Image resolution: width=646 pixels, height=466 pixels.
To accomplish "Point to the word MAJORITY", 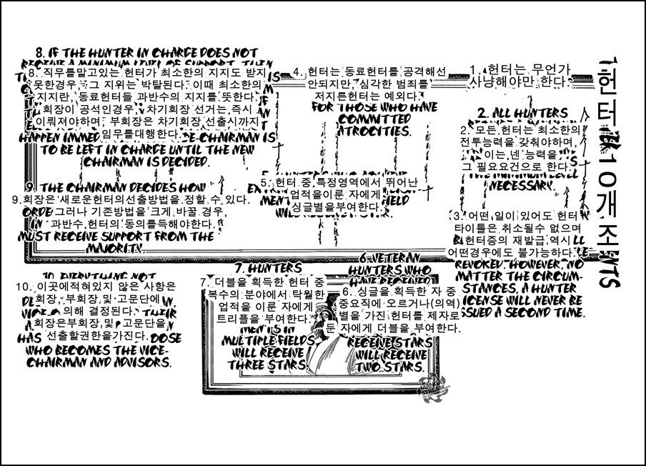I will point(115,247).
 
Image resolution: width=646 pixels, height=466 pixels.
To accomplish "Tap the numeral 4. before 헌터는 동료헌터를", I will point(297,72).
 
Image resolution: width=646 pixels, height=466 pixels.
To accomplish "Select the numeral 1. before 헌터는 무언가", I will point(474,69).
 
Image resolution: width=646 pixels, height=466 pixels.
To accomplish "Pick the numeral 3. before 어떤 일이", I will point(457,215).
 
